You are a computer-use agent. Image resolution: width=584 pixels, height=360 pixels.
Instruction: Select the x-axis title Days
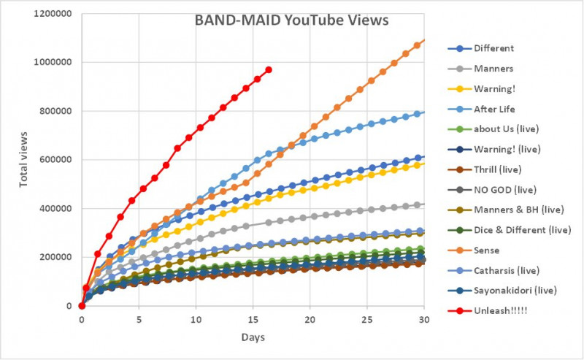(x=253, y=338)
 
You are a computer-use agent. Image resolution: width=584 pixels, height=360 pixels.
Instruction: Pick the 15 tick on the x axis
(x=253, y=319)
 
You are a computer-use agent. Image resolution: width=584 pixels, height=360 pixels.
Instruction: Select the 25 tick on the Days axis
(x=368, y=319)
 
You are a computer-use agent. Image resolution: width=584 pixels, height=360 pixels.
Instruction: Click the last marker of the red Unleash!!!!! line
(x=269, y=69)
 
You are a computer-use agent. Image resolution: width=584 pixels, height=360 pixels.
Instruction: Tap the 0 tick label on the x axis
(x=82, y=319)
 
